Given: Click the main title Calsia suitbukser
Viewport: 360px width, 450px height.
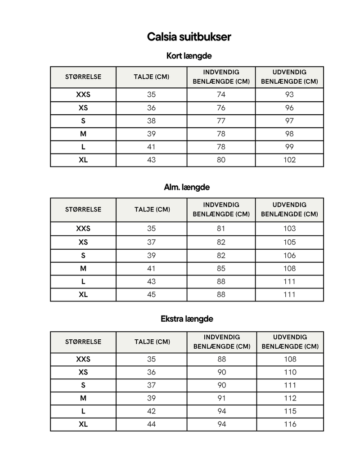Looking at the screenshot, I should [x=189, y=36].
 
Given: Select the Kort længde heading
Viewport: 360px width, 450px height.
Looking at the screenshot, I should [x=189, y=56].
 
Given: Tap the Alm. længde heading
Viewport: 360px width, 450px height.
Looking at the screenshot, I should [x=187, y=187].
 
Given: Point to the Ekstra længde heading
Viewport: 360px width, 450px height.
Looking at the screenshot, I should [x=187, y=319].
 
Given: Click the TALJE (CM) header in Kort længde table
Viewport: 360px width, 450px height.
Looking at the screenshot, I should [x=151, y=77].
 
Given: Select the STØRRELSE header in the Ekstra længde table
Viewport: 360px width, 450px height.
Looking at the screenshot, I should [x=83, y=342].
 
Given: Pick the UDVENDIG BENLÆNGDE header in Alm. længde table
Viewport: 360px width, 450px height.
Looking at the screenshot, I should [x=289, y=209].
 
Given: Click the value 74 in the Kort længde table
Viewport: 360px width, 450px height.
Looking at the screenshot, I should [x=221, y=94].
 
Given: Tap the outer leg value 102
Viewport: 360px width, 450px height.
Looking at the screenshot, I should [x=289, y=160].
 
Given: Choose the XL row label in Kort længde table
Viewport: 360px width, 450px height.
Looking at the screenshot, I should [x=83, y=160].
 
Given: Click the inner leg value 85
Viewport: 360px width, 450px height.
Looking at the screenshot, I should [x=221, y=269].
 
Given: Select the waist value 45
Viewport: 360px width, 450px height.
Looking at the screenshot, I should [x=151, y=295].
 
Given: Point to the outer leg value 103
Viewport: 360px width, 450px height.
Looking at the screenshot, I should [x=289, y=229].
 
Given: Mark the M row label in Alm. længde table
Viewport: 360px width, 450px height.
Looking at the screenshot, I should [x=83, y=269].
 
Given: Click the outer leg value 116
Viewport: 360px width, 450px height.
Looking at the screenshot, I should [x=290, y=424].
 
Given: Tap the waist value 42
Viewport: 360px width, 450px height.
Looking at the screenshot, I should [x=151, y=411].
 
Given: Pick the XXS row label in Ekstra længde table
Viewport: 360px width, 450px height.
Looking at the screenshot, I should [x=83, y=359].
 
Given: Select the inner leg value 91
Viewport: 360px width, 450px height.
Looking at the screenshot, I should [x=222, y=398].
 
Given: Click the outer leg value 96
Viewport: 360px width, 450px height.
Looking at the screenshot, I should [x=289, y=108].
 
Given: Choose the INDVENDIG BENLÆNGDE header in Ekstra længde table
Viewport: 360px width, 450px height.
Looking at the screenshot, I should [x=222, y=342].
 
